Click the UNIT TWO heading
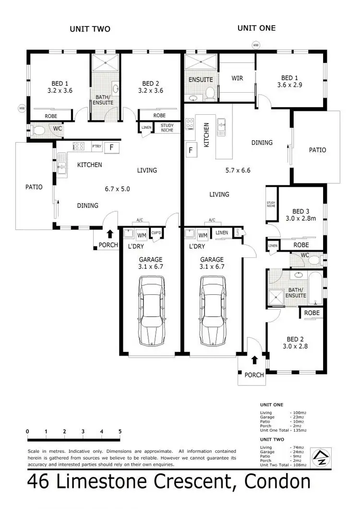click(90, 29)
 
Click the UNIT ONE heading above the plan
click(256, 28)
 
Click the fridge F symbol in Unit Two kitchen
click(111, 147)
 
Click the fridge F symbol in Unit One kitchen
click(191, 150)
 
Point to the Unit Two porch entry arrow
click(110, 234)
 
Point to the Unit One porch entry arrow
click(254, 360)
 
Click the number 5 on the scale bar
click(120, 431)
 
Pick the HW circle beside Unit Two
click(22, 109)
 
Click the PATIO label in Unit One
click(317, 150)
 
